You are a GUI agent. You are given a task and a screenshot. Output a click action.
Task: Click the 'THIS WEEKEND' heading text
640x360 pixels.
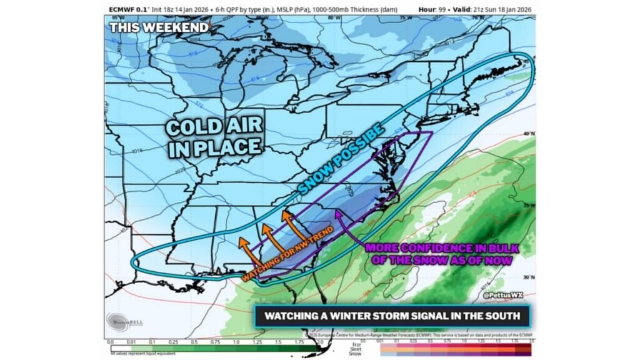coord(159,27)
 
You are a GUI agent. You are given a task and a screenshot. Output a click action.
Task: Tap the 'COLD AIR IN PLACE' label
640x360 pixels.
coord(213,137)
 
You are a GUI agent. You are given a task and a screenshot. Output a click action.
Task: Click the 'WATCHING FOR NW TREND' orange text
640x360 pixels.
coord(287,257)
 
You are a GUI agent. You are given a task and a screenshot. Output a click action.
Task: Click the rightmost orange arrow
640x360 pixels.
coord(288,221)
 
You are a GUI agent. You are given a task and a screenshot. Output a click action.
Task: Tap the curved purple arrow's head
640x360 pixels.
coord(338,214)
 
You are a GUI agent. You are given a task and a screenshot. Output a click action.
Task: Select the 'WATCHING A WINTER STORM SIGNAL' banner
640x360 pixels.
coord(392,316)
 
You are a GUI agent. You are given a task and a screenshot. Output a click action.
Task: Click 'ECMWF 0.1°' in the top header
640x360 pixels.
coord(127,10)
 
